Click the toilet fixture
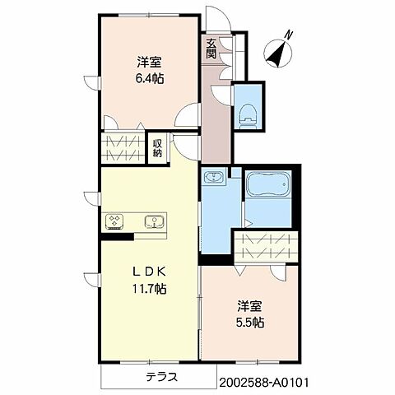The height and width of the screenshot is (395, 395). [246, 114]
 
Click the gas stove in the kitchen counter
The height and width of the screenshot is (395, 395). [114, 221]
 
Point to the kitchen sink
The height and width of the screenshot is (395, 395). [153, 221]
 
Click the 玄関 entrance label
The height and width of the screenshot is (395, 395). [211, 49]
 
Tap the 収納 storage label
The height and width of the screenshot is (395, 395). [157, 148]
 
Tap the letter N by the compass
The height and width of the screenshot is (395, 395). [288, 35]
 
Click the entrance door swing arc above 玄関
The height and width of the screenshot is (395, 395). [216, 18]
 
